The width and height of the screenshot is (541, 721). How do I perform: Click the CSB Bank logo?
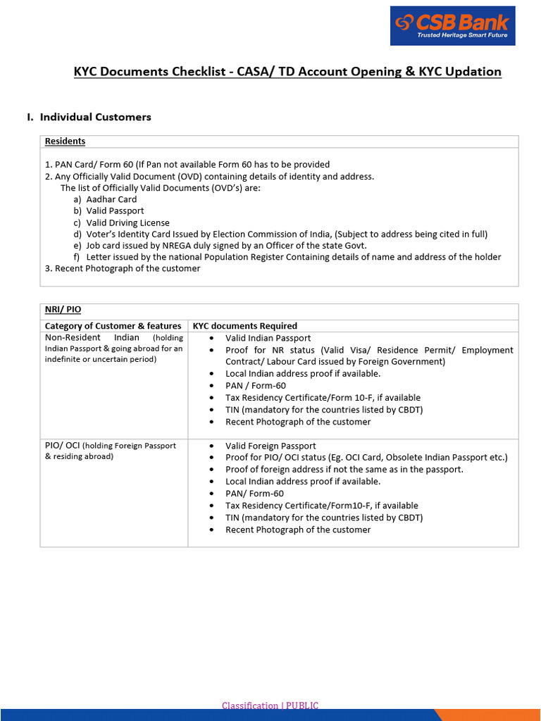pyautogui.click(x=452, y=26)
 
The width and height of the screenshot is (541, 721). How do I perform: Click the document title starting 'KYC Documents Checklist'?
pyautogui.click(x=287, y=72)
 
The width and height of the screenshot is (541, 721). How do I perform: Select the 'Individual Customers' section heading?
pyautogui.click(x=95, y=117)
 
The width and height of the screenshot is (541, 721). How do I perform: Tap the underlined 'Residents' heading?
pyautogui.click(x=65, y=142)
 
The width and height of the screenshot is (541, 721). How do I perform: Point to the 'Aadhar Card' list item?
pyautogui.click(x=111, y=199)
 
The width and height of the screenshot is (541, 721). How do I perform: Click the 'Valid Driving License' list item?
pyautogui.click(x=128, y=222)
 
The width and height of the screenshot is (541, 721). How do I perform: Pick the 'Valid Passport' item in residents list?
pyautogui.click(x=115, y=211)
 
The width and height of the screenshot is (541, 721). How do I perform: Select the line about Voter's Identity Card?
pyautogui.click(x=286, y=234)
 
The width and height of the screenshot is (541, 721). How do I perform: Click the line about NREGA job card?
pyautogui.click(x=226, y=246)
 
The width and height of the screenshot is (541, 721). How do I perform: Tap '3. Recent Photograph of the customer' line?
pyautogui.click(x=123, y=268)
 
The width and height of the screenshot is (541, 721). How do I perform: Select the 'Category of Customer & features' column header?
pyautogui.click(x=113, y=326)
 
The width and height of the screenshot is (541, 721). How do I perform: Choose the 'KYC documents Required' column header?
pyautogui.click(x=245, y=326)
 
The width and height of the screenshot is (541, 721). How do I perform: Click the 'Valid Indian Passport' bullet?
pyautogui.click(x=268, y=338)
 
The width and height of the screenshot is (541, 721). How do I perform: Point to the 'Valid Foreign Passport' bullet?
pyautogui.click(x=270, y=446)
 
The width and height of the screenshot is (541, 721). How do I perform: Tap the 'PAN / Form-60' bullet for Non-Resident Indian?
pyautogui.click(x=256, y=386)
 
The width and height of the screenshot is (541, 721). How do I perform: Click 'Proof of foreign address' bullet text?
pyautogui.click(x=344, y=470)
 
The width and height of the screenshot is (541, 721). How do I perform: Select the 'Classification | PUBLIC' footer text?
pyautogui.click(x=270, y=706)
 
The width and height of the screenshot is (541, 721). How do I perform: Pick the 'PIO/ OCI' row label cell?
pyautogui.click(x=111, y=451)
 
